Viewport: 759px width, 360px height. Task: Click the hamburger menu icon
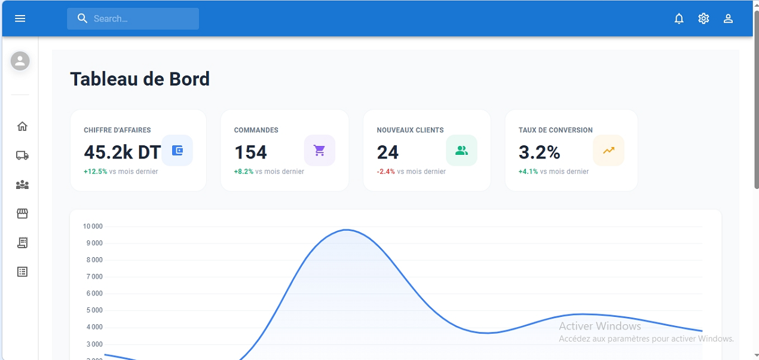click(20, 19)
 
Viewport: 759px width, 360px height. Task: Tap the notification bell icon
click(679, 19)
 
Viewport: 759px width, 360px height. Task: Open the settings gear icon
click(703, 19)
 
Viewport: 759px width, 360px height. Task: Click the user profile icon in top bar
click(728, 19)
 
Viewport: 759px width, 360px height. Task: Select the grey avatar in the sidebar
click(20, 61)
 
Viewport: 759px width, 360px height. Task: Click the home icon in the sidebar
click(22, 126)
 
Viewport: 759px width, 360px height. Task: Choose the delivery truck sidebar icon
click(22, 155)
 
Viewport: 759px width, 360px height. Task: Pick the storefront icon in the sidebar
click(22, 213)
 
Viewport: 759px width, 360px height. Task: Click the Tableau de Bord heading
click(140, 79)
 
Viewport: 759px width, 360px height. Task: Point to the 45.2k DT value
click(123, 152)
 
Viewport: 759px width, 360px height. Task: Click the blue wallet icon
click(177, 151)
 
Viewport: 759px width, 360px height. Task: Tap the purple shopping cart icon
click(320, 151)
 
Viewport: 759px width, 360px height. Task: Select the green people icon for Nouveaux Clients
click(461, 151)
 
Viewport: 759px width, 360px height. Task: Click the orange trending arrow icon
click(608, 151)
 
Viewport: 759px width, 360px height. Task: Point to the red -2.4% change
click(385, 172)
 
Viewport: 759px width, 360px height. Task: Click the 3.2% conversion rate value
click(539, 152)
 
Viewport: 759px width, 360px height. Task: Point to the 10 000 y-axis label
click(93, 227)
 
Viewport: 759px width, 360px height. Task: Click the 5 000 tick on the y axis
click(94, 310)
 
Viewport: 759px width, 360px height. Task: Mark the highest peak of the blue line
click(347, 230)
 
